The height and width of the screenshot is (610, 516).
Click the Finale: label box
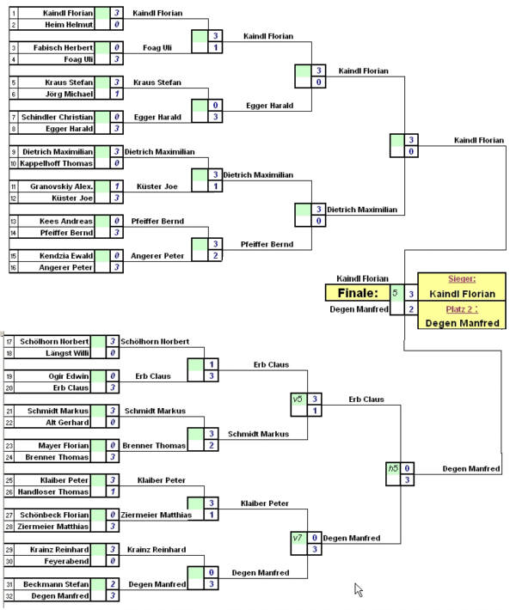(x=357, y=293)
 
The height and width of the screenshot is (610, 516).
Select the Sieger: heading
(x=462, y=278)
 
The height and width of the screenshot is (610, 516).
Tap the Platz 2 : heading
(x=462, y=308)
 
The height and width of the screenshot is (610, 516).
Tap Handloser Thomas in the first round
(x=58, y=491)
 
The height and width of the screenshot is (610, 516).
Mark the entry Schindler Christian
(x=58, y=117)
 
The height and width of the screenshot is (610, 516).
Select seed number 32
(x=9, y=595)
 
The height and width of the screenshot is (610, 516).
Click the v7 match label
(x=298, y=537)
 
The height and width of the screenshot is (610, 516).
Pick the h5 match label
(x=393, y=468)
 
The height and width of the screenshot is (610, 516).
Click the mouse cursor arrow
(x=358, y=589)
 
